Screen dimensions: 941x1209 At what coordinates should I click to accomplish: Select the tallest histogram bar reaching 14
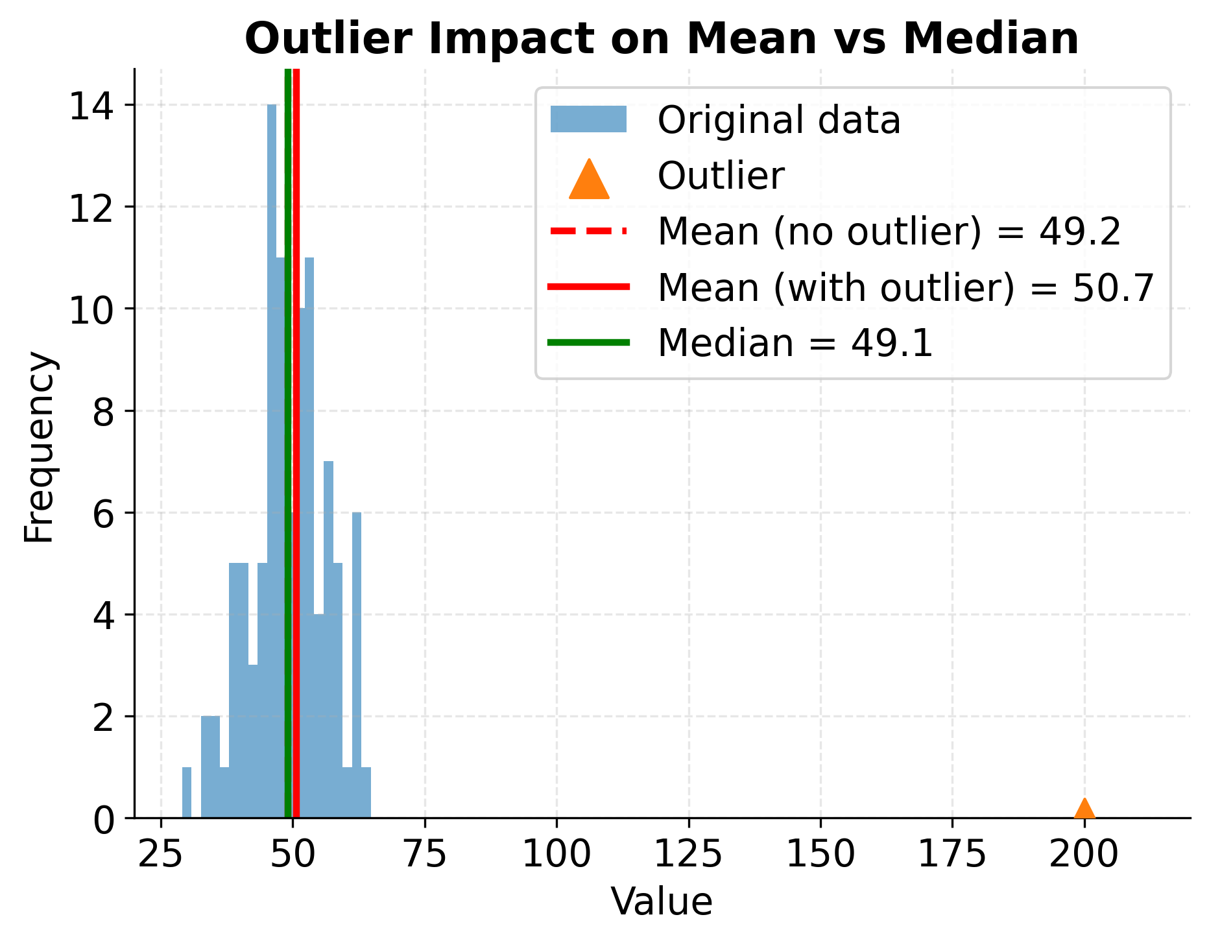click(272, 454)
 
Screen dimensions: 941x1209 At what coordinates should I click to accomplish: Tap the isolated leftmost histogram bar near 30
click(187, 792)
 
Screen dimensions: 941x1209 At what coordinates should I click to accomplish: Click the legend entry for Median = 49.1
click(795, 343)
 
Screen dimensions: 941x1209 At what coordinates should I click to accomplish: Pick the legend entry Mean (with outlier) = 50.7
click(905, 287)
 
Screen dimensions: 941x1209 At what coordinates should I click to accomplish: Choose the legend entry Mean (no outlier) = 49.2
click(889, 232)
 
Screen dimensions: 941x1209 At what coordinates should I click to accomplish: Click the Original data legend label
click(778, 121)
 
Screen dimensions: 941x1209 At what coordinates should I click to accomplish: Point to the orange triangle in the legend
click(588, 179)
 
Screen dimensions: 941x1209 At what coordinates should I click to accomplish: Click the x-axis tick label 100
click(557, 855)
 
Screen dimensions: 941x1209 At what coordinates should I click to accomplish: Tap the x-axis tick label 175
click(952, 855)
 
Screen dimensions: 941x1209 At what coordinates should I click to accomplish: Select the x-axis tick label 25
click(161, 855)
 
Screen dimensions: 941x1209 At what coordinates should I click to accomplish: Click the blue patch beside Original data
click(588, 121)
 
